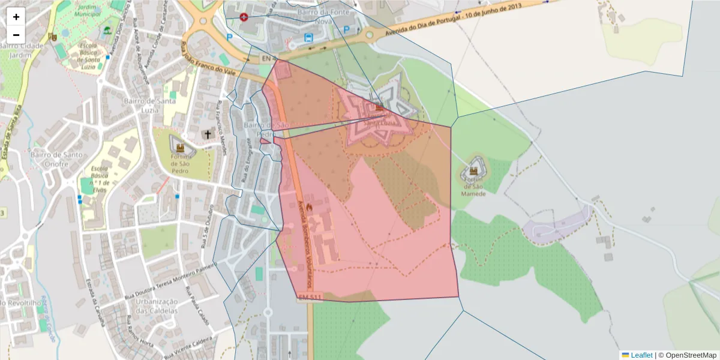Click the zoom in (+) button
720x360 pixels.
click(x=16, y=17)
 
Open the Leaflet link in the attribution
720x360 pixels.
click(x=641, y=355)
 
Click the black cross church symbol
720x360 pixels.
click(x=208, y=134)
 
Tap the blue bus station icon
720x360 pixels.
click(x=309, y=37)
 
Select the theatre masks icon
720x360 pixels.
click(x=53, y=37)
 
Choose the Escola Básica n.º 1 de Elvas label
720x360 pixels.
click(x=100, y=178)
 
